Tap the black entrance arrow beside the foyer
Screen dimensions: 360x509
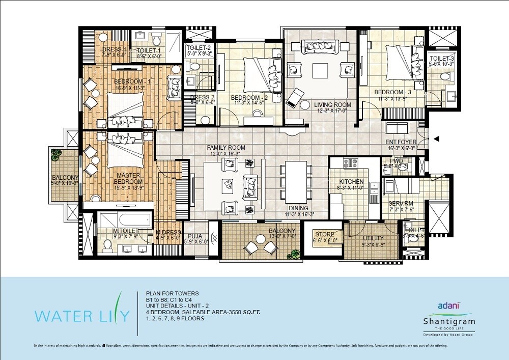(436, 137)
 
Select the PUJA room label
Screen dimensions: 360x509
(195, 236)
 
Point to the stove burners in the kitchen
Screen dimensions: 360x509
(351, 163)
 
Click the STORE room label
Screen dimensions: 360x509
(324, 235)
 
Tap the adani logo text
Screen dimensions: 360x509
(449, 306)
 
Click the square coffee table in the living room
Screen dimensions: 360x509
(321, 70)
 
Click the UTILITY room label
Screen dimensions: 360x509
(373, 238)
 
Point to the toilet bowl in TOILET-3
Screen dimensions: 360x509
(446, 76)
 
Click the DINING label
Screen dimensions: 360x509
(298, 208)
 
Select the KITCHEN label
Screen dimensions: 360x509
(352, 181)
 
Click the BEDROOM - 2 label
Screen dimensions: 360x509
(249, 97)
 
